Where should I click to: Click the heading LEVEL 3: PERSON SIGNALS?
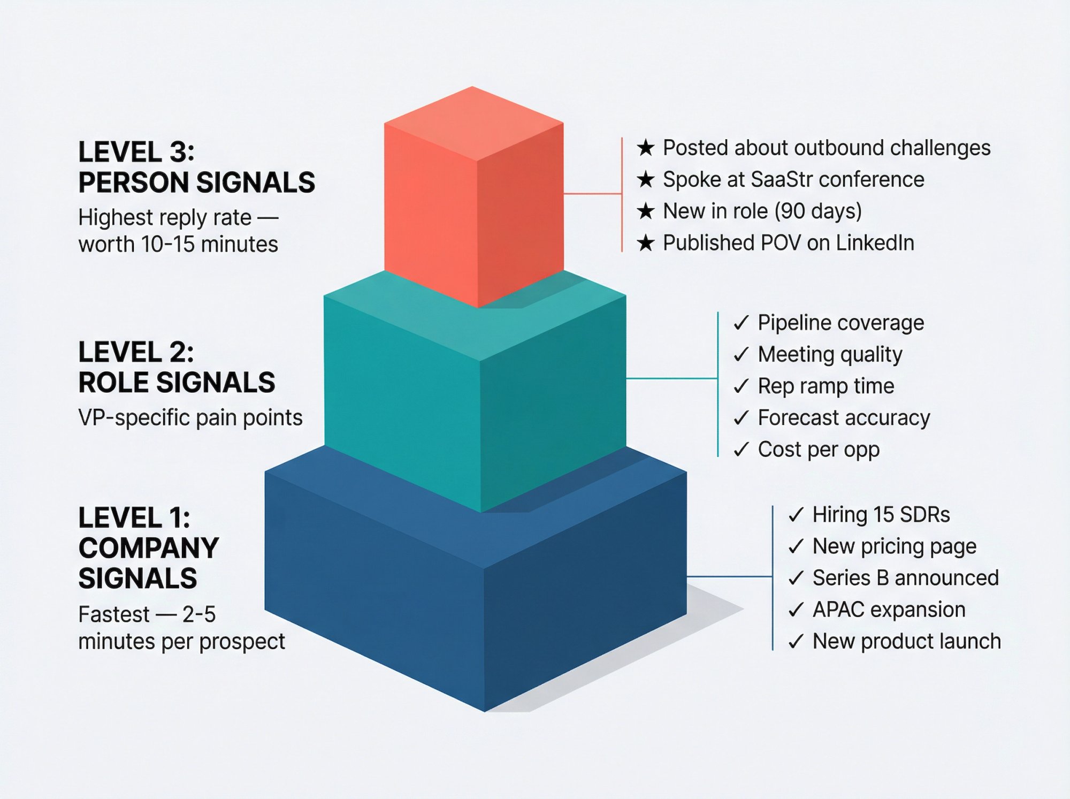coord(196,167)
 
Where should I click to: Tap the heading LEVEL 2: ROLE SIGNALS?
coord(177,367)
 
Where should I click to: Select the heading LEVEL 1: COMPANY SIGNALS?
coord(149,548)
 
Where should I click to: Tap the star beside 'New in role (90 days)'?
coord(646,211)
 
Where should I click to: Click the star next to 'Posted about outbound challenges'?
coord(646,148)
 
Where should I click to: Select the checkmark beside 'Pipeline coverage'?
coord(741,323)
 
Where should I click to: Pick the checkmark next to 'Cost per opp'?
coord(741,450)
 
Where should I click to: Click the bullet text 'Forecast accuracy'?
coord(844,418)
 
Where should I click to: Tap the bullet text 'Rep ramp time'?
coord(826,386)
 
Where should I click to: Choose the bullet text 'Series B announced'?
coord(905,578)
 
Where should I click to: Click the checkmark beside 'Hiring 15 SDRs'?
coord(796,515)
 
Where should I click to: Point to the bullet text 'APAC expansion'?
coord(889,610)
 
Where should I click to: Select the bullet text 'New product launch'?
coord(906,641)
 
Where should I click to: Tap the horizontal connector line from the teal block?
coord(671,378)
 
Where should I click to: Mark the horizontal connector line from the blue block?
coord(729,577)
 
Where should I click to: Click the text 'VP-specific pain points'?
coord(190,418)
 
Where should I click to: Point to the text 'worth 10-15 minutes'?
coord(178,245)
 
